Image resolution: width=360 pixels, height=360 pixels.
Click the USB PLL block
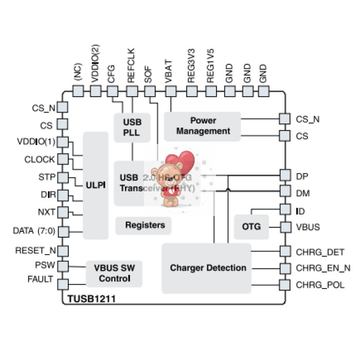pos(132,128)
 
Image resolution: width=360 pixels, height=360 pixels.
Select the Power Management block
pos(203,126)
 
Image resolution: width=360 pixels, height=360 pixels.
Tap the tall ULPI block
pos(96,185)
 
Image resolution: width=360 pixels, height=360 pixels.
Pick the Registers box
pos(145,225)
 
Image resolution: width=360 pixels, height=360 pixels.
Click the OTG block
pos(251,226)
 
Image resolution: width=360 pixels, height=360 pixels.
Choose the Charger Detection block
pos(207,268)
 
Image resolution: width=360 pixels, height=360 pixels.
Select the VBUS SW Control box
pos(112,273)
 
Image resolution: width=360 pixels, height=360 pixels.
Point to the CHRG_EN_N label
pos(323,268)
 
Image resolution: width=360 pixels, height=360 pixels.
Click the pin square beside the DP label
pos(284,175)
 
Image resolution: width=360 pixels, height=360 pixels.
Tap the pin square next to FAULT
pos(63,284)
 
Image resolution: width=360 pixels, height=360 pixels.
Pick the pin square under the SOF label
pos(150,91)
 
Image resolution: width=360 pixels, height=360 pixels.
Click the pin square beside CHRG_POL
pos(284,285)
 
